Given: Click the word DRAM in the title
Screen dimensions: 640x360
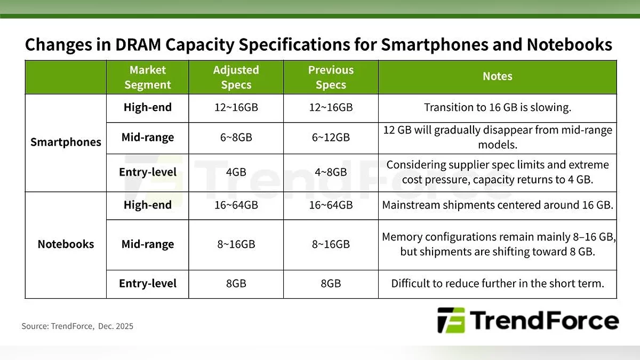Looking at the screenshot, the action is coord(138,45).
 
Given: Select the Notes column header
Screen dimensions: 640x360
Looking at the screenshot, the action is coord(498,76).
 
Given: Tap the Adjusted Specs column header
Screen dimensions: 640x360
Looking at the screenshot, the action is coord(236,77).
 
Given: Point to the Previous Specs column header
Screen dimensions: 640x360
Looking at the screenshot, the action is coord(331,77).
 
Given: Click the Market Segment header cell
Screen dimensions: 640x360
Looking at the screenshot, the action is coord(147,77).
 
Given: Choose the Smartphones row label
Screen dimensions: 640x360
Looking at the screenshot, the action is coord(66,142).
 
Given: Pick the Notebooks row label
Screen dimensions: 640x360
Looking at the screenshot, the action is coord(66,244).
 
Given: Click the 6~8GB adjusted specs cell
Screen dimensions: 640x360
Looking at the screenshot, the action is coord(236,138).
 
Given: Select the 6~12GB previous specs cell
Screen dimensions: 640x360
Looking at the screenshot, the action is coord(331,138).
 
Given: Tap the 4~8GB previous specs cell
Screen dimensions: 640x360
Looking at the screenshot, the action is coord(331,172).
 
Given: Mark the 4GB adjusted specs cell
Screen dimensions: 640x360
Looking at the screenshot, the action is coord(236,172).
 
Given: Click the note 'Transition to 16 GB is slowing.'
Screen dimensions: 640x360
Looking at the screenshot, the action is coord(498,107).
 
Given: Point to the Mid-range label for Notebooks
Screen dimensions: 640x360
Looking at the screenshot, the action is coord(147,244).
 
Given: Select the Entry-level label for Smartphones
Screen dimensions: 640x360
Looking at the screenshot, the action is coord(147,172).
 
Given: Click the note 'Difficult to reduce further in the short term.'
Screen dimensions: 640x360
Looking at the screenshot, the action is coord(498,283).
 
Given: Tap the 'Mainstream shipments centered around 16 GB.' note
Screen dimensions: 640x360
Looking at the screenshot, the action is coord(498,205).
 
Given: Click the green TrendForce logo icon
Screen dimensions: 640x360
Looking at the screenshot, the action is coord(451,321).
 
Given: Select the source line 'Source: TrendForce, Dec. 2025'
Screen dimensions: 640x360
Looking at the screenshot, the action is coord(77,326).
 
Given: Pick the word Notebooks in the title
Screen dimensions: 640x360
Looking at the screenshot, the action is coord(570,45).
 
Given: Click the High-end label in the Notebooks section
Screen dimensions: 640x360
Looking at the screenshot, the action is coord(147,205).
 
